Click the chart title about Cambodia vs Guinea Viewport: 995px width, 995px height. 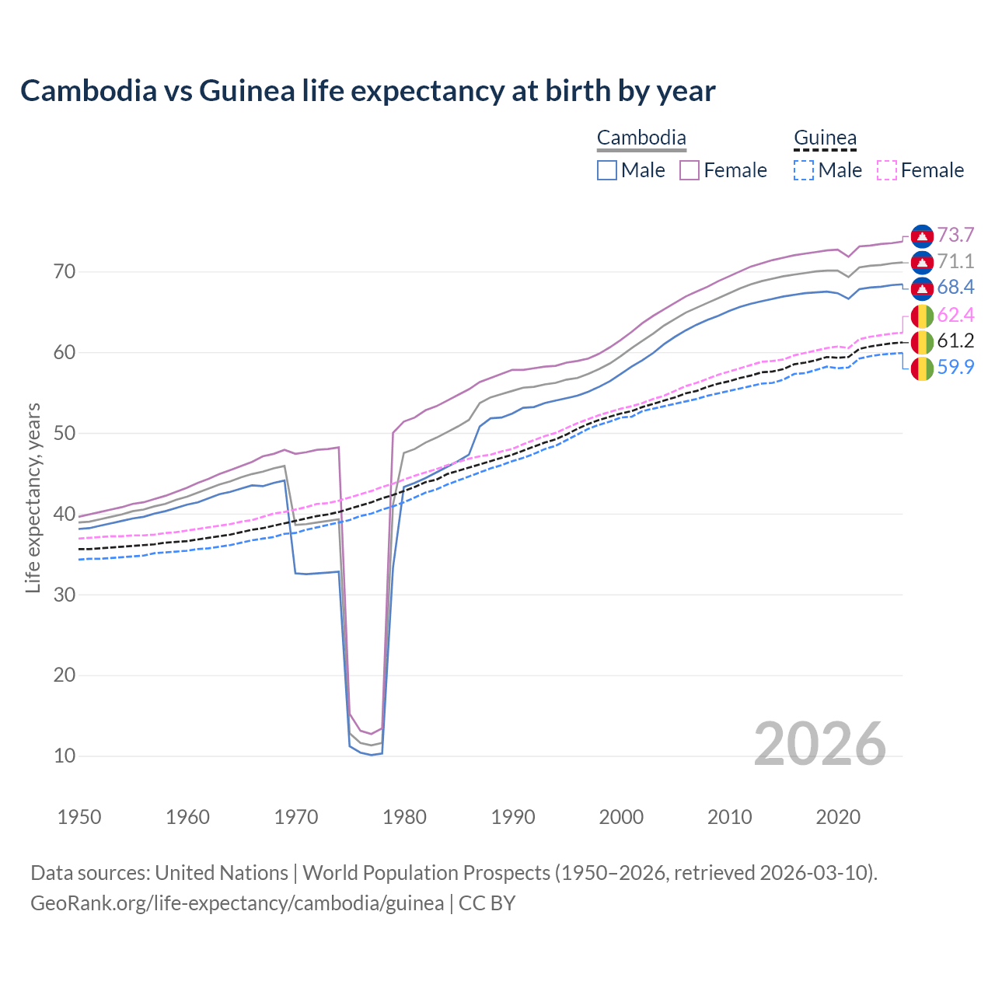(x=368, y=91)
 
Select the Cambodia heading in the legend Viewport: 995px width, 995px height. (x=641, y=138)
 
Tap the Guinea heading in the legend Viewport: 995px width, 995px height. (x=825, y=138)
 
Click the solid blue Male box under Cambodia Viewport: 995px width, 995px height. (x=607, y=170)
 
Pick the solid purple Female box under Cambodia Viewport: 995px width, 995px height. (x=690, y=170)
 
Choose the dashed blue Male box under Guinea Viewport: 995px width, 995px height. (x=804, y=170)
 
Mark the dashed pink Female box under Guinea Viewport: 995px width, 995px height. (x=886, y=170)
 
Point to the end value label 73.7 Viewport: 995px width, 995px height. (x=955, y=236)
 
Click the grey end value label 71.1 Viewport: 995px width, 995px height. (x=955, y=261)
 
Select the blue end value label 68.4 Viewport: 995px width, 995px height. (x=955, y=288)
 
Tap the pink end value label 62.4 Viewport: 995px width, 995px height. (x=955, y=315)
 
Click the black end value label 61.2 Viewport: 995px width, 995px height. (x=955, y=340)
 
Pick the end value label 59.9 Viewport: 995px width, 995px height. (x=955, y=367)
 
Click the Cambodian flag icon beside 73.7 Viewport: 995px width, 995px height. (x=922, y=236)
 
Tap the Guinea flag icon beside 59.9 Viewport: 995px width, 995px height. (x=922, y=368)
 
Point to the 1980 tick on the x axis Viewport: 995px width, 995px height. (x=404, y=817)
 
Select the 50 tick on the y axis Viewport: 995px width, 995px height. (x=65, y=433)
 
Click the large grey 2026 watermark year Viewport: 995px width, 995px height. (x=820, y=744)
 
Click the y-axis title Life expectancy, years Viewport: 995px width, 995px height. (x=33, y=497)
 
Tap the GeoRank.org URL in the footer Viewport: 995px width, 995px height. (x=237, y=903)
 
